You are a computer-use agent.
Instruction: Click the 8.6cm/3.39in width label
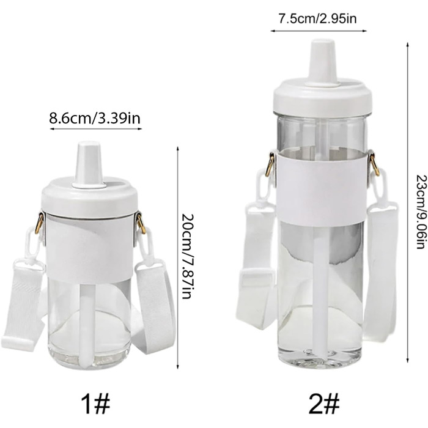[95, 119]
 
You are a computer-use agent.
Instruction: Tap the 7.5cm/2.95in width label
[317, 19]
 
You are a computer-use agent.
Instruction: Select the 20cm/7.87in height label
[188, 257]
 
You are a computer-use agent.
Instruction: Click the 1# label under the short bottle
[95, 404]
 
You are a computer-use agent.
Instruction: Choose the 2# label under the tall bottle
[324, 404]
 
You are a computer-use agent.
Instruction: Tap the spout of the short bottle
[89, 164]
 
